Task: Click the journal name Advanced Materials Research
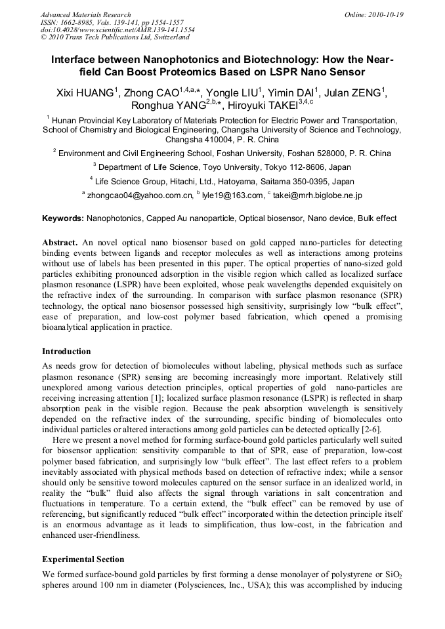point(85,14)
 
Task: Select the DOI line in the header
point(117,30)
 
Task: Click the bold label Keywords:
point(63,218)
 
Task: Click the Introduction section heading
point(66,352)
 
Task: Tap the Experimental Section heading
point(83,559)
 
